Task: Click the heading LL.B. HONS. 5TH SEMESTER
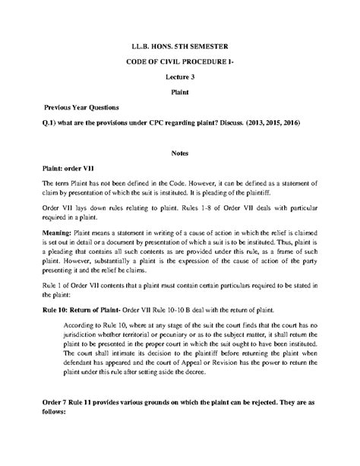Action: click(180, 47)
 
